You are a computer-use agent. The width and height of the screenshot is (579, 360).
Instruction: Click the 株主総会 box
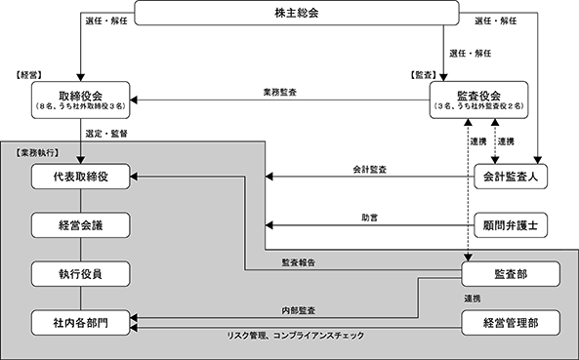pyautogui.click(x=297, y=14)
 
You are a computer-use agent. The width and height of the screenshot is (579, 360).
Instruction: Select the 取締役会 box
pyautogui.click(x=80, y=100)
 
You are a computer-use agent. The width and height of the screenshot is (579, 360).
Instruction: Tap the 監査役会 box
pyautogui.click(x=479, y=100)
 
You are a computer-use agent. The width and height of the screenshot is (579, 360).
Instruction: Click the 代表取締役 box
pyautogui.click(x=80, y=177)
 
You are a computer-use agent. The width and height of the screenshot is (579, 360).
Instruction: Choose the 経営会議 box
pyautogui.click(x=80, y=225)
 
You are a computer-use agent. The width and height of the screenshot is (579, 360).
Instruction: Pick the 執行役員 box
pyautogui.click(x=80, y=274)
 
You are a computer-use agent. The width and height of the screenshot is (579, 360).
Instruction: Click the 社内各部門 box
pyautogui.click(x=80, y=323)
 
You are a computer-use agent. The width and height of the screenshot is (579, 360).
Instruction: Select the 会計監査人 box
pyautogui.click(x=511, y=177)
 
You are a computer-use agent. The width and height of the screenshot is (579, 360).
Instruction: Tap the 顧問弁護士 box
pyautogui.click(x=511, y=225)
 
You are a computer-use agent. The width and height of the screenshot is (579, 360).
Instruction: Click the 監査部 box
pyautogui.click(x=511, y=274)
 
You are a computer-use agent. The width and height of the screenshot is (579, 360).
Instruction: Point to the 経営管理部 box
pyautogui.click(x=511, y=323)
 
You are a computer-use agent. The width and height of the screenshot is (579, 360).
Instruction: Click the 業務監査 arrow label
pyautogui.click(x=280, y=93)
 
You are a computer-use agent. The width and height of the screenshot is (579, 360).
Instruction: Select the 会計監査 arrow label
pyautogui.click(x=370, y=170)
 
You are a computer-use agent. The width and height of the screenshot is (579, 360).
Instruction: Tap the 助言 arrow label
pyautogui.click(x=370, y=218)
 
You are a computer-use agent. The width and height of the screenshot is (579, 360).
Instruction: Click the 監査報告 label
pyautogui.click(x=299, y=262)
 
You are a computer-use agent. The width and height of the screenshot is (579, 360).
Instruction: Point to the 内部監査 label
pyautogui.click(x=299, y=310)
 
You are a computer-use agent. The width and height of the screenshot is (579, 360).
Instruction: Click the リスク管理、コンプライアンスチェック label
pyautogui.click(x=296, y=336)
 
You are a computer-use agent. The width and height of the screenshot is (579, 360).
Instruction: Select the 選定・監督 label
pyautogui.click(x=106, y=134)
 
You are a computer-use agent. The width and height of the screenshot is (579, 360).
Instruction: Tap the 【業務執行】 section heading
pyautogui.click(x=37, y=153)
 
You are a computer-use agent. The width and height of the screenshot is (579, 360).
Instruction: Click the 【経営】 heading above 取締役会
pyautogui.click(x=28, y=75)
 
